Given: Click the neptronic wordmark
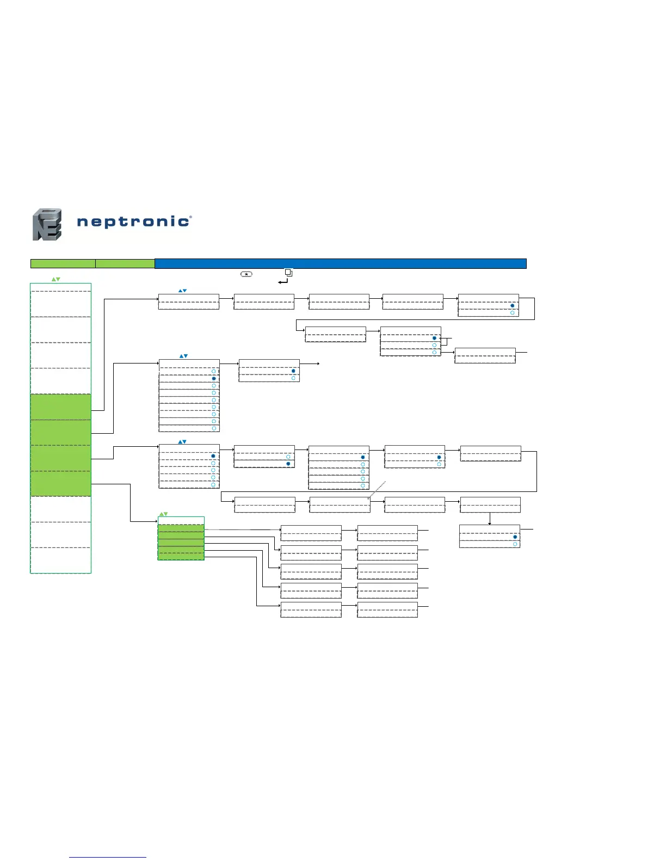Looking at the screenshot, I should tap(133, 221).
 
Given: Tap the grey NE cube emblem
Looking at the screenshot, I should tap(47, 224).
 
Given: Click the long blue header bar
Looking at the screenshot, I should tap(341, 264).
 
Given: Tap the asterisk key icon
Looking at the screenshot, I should tap(246, 274).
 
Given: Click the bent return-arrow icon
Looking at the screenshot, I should tap(282, 281).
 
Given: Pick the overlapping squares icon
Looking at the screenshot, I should tap(289, 272).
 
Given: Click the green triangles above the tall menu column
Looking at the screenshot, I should tap(55, 279).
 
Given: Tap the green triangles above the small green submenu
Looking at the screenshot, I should tap(163, 514).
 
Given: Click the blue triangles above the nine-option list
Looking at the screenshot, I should tap(183, 356).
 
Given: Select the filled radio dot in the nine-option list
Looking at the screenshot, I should tap(214, 378).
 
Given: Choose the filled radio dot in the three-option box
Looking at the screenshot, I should tap(434, 338).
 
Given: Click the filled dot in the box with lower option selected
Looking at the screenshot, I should tap(288, 464).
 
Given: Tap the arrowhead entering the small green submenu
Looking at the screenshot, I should tap(156, 521).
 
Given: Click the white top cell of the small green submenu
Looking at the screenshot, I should tap(181, 520).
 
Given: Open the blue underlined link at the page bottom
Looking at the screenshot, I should tap(108, 857).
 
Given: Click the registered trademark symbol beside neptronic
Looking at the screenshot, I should tap(190, 217).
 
